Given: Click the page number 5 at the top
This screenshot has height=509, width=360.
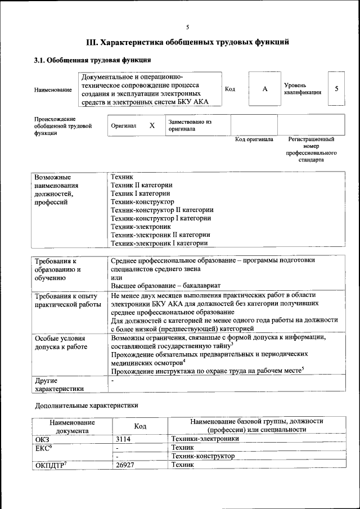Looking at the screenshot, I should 188,27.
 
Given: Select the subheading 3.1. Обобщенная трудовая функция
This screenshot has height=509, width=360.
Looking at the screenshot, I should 92,60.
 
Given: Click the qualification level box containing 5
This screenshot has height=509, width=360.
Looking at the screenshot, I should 336,89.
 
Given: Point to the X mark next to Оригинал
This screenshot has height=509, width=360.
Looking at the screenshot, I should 152,125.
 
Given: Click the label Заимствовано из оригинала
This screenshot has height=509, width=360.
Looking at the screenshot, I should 190,125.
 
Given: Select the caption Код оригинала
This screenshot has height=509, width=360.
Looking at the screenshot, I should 254,139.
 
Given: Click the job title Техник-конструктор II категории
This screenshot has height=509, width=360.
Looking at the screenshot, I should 162,210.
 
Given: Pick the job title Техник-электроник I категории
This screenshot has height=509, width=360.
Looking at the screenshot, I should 160,243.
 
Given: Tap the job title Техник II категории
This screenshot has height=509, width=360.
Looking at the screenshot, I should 142,184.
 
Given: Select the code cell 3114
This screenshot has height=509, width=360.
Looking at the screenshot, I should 123,439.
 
